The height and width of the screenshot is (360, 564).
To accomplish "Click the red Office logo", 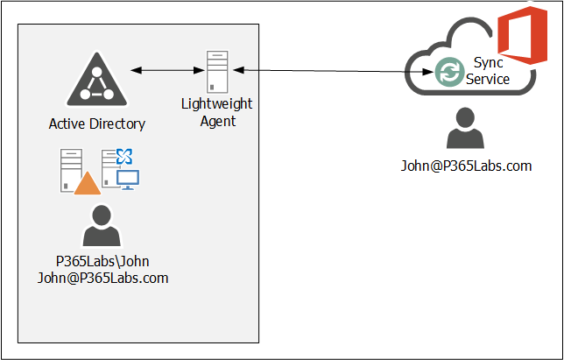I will (516, 37).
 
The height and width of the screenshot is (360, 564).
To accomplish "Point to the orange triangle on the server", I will (88, 183).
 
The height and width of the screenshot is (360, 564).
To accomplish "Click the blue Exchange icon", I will (124, 157).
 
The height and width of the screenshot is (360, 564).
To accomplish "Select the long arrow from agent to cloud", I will (333, 70).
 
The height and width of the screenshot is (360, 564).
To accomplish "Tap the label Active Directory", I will (96, 124).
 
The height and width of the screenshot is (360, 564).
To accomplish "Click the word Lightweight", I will (217, 104).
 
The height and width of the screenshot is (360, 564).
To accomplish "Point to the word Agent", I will (217, 121).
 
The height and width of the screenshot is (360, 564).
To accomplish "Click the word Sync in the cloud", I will (488, 63).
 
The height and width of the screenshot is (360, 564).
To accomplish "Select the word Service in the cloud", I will (488, 79).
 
